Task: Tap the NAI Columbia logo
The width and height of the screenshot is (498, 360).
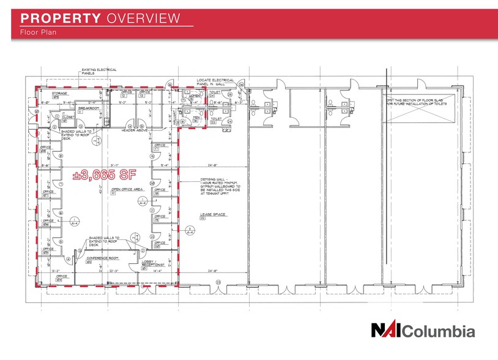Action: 422,331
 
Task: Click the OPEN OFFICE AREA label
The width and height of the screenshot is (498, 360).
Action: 127,190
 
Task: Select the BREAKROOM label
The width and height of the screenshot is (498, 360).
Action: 87,108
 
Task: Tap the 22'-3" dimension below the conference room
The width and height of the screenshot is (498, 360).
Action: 113,270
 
